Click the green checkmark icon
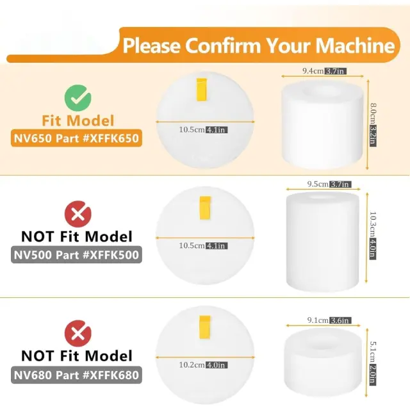[x=78, y=98]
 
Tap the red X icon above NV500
[x=78, y=214]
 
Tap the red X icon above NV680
[x=78, y=333]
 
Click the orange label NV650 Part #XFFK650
[x=76, y=138]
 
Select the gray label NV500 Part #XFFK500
[x=76, y=255]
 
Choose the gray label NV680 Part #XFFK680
[x=76, y=375]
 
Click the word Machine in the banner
[x=355, y=45]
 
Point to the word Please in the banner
[x=152, y=45]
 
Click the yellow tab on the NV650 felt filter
[x=202, y=90]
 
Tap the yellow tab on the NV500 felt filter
[x=205, y=208]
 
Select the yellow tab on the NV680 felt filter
[x=205, y=327]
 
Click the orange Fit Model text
[x=78, y=121]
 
